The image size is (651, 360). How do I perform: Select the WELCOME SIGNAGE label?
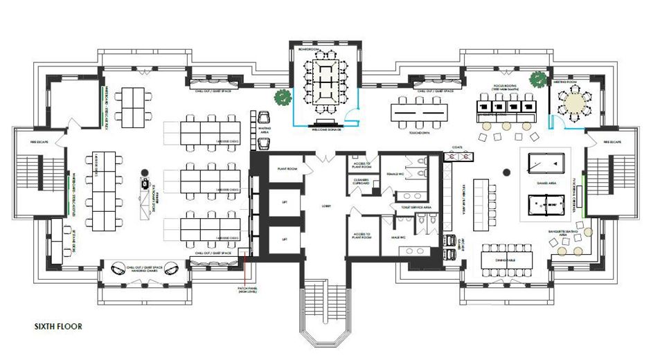(325, 129)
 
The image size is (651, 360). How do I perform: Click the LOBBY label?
(325, 206)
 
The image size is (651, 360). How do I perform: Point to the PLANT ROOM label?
(287, 168)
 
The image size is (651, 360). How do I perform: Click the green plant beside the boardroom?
(282, 98)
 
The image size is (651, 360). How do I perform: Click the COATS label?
(456, 147)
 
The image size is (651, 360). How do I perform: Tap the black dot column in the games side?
(507, 169)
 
